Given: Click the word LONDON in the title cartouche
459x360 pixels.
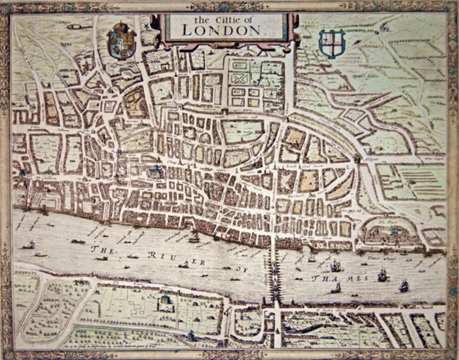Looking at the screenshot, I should click(221, 30).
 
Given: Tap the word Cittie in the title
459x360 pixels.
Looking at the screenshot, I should click(229, 19).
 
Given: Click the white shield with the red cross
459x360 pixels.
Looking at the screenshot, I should click(332, 43).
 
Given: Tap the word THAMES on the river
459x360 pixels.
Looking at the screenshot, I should click(340, 279).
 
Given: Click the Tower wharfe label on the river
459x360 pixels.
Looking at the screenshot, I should click(377, 258).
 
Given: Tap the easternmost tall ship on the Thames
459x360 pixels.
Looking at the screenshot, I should click(403, 286).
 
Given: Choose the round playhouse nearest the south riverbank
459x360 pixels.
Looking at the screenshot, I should click(165, 303).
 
